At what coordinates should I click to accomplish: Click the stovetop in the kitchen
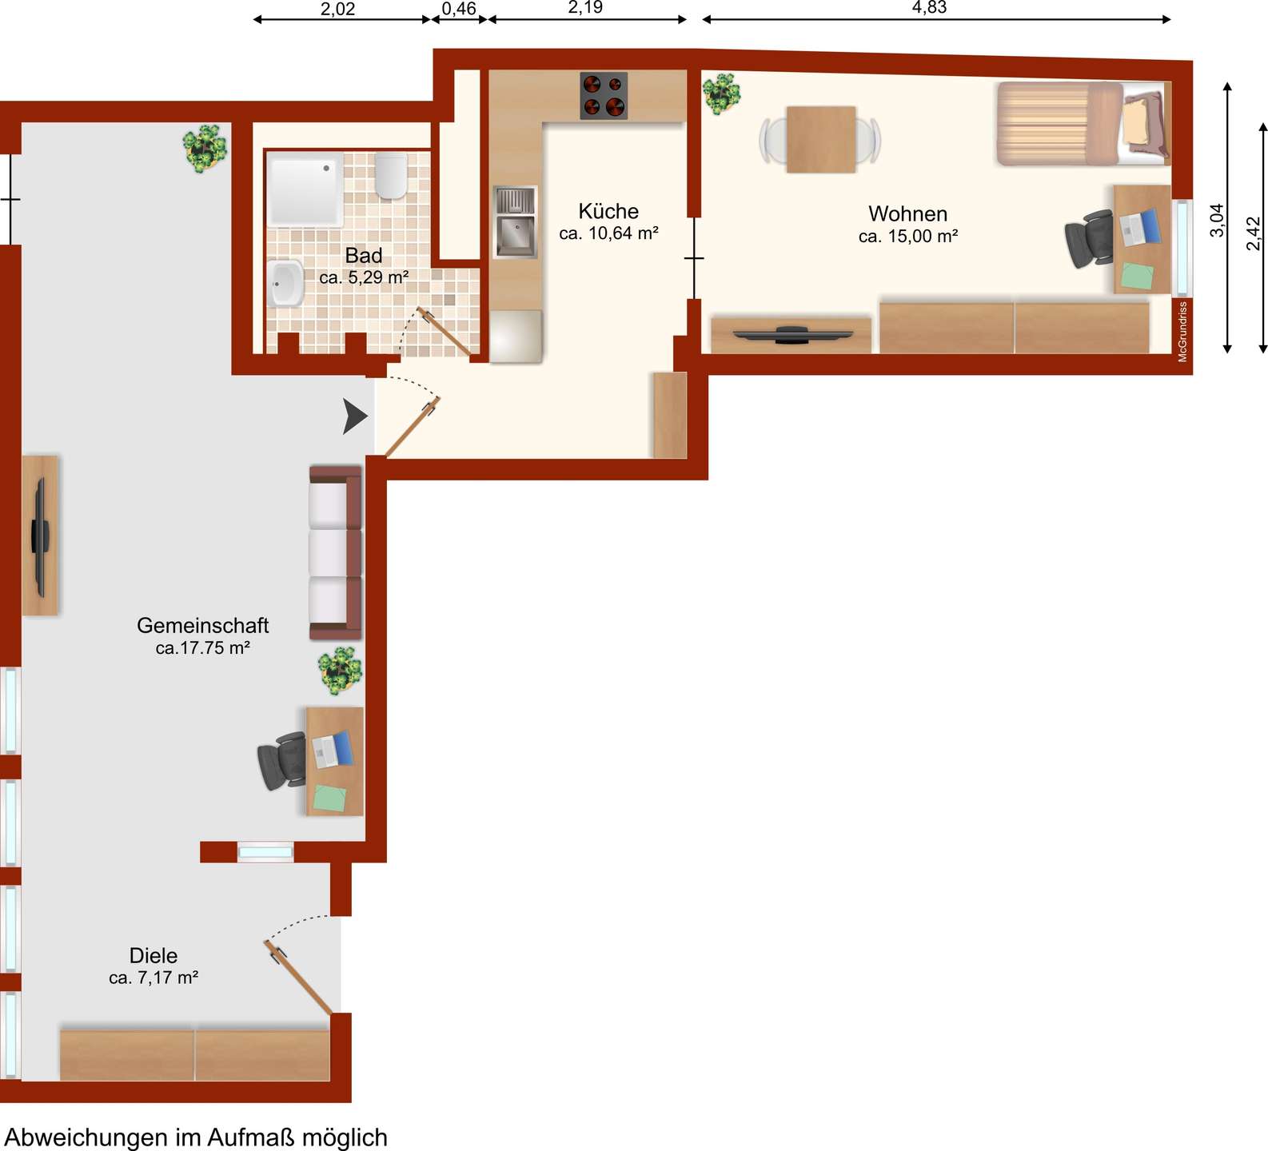tap(604, 96)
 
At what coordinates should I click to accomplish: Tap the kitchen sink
tap(516, 222)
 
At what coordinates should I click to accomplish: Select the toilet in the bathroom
tap(391, 176)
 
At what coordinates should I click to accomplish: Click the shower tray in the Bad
tap(305, 190)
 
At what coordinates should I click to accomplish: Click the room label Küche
tap(608, 211)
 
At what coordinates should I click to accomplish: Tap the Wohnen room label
tap(908, 214)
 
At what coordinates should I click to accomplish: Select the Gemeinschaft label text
tap(203, 625)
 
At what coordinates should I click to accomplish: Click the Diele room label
tap(154, 955)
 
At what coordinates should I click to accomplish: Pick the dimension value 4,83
tap(929, 7)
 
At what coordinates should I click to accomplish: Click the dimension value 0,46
tap(459, 9)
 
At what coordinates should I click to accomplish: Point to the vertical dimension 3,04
tap(1217, 221)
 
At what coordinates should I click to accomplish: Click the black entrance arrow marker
tap(354, 416)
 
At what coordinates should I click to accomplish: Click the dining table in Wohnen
tap(821, 140)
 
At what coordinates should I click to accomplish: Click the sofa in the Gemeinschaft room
tap(336, 552)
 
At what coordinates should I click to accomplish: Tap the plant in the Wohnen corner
tap(722, 93)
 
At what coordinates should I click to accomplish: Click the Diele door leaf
tap(298, 978)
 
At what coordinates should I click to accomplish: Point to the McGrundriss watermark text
tap(1182, 332)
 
